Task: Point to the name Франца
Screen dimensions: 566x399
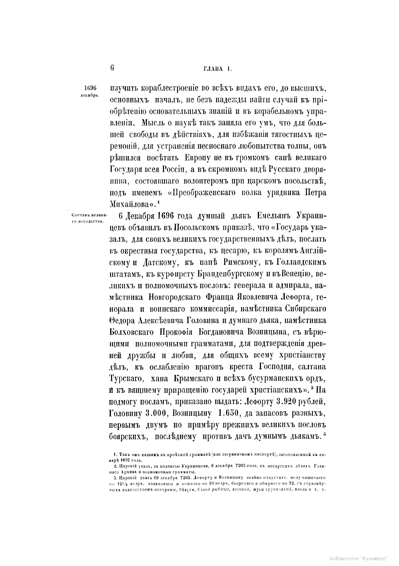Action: (218, 297)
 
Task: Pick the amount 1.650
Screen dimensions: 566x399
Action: (227, 413)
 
